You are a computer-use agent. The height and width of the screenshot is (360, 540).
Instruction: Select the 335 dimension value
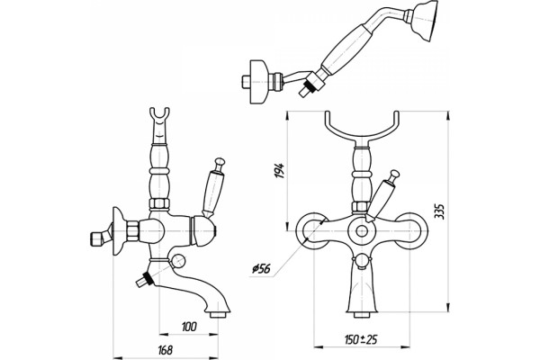pyautogui.click(x=439, y=211)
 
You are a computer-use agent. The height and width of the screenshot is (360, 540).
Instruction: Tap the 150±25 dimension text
pyautogui.click(x=361, y=339)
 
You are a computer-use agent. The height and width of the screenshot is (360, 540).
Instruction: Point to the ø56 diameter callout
pyautogui.click(x=261, y=269)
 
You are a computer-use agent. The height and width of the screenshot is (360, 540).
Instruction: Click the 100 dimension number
pyautogui.click(x=189, y=326)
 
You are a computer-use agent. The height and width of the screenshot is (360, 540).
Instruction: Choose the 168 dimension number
pyautogui.click(x=165, y=350)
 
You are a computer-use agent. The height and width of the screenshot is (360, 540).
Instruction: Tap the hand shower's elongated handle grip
pyautogui.click(x=346, y=49)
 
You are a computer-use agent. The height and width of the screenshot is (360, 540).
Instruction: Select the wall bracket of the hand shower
pyautogui.click(x=256, y=82)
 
